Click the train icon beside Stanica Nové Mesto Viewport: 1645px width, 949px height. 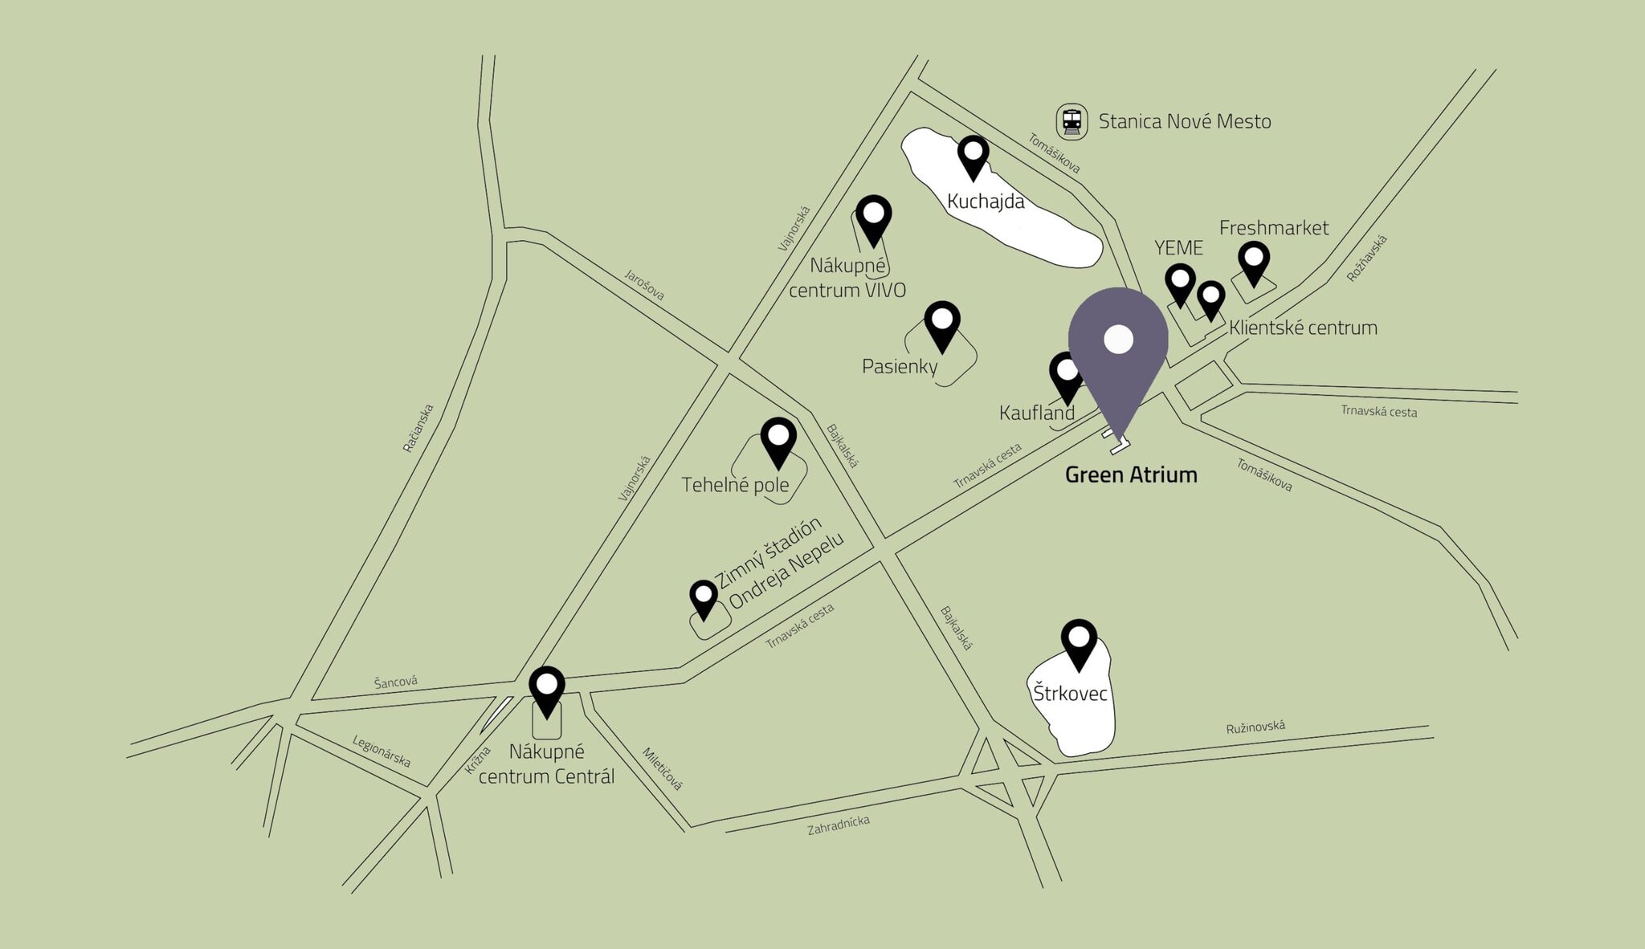(1071, 122)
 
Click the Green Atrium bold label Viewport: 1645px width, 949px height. (1131, 474)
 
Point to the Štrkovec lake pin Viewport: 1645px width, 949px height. (1079, 641)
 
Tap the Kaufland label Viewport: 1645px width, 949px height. (1036, 413)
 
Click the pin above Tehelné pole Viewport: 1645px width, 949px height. (778, 440)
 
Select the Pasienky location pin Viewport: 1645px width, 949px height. (942, 324)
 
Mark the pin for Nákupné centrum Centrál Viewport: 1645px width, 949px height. (547, 689)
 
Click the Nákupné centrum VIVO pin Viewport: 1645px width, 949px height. (873, 218)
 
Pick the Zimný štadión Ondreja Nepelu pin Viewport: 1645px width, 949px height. (704, 598)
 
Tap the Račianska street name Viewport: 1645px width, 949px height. (418, 428)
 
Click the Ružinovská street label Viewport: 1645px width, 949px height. (1255, 727)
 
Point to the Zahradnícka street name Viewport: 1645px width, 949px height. (838, 825)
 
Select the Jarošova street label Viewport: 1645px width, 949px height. (644, 284)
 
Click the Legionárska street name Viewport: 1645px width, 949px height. (382, 751)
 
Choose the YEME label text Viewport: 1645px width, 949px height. (1178, 247)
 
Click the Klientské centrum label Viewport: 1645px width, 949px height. (1303, 328)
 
